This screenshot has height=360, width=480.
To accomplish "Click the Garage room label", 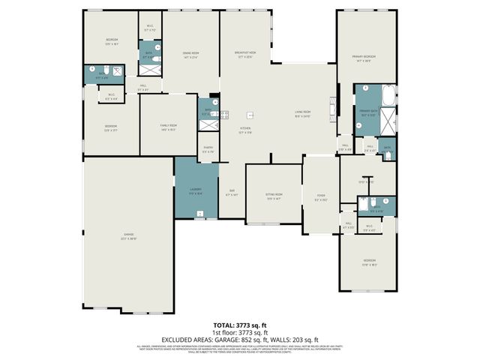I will click(x=128, y=236).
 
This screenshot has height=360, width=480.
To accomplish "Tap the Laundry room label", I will click(x=195, y=190).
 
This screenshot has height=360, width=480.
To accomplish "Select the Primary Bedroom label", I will click(x=364, y=58).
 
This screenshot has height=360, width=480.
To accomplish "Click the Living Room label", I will click(x=302, y=113).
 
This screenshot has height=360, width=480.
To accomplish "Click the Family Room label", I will click(x=169, y=127).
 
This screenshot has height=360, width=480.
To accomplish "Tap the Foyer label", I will click(x=320, y=199).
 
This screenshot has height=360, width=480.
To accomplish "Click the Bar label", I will click(x=232, y=192).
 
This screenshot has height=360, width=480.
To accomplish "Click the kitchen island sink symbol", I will click(x=250, y=115).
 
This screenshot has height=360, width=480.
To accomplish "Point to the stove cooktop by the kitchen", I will click(x=223, y=115).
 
